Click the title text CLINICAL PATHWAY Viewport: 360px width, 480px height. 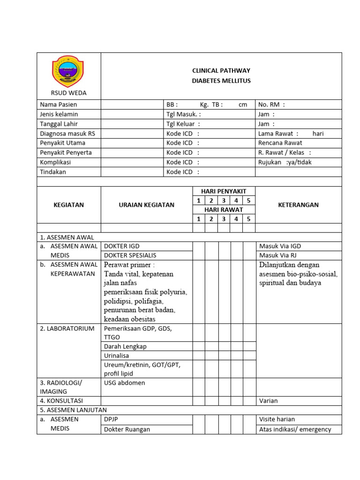[221, 71]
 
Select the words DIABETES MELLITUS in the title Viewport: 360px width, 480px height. [221, 81]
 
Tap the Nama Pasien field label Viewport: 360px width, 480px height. [59, 105]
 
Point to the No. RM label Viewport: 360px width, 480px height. [271, 105]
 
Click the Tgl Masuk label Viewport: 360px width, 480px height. [183, 114]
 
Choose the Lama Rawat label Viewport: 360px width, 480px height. [278, 134]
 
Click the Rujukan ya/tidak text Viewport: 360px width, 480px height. [285, 162]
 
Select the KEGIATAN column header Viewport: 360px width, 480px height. [68, 205]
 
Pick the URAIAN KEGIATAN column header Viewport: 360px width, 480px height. [146, 205]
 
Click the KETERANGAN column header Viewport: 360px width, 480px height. [298, 205]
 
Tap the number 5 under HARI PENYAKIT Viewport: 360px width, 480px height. [249, 201]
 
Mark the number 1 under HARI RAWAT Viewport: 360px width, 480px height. [199, 219]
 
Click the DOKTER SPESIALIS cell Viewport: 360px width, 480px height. [130, 255]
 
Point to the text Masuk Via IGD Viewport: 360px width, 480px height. [279, 246]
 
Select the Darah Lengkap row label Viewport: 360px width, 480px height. [125, 346]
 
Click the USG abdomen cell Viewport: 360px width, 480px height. [125, 383]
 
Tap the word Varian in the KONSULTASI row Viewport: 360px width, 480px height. [268, 401]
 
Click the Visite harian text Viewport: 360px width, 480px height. [277, 419]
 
